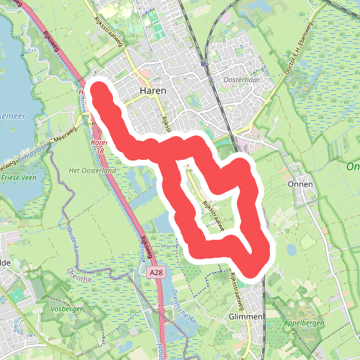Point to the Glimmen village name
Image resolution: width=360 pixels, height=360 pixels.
(245, 316)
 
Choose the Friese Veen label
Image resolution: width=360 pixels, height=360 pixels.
(19, 176)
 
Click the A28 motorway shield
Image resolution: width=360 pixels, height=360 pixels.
(158, 273)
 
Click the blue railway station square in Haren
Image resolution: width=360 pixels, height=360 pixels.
(204, 63)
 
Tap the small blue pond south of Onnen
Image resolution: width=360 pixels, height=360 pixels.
(291, 250)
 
